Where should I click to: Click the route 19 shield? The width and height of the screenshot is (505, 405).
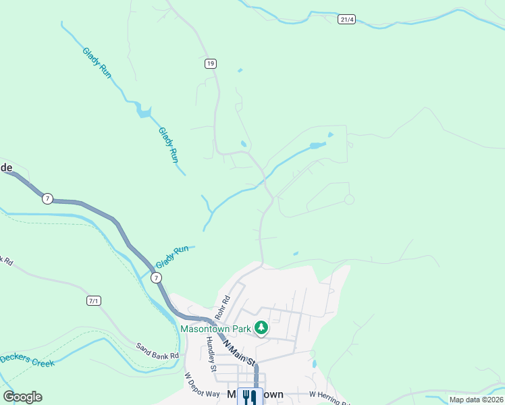211,63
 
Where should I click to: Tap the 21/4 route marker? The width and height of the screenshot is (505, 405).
346,20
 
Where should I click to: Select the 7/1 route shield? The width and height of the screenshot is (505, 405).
94,300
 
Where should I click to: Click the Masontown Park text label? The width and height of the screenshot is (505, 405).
215,329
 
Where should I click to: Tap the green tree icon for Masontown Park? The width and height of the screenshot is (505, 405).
261,329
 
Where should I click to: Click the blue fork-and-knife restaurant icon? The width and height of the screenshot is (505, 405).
250,396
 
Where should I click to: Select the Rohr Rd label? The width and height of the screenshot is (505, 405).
223,308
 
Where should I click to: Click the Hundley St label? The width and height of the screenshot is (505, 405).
211,354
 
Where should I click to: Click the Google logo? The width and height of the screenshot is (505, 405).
22,396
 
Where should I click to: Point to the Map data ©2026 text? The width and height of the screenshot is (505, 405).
475,400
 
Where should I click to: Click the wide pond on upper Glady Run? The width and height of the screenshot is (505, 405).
143,111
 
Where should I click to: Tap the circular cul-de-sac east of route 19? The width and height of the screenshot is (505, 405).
349,199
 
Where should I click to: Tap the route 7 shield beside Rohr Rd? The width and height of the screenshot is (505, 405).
156,277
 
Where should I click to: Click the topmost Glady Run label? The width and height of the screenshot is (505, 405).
97,61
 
